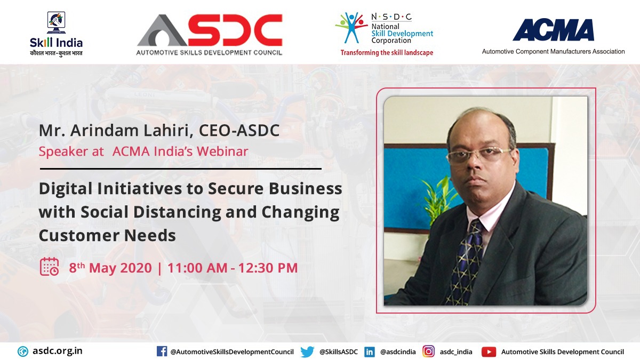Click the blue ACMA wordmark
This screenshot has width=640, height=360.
tap(553, 30)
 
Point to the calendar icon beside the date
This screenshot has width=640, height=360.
tap(50, 267)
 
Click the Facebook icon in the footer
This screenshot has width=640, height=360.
tap(162, 351)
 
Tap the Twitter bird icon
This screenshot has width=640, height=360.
tap(307, 352)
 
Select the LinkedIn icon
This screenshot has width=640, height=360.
tap(369, 352)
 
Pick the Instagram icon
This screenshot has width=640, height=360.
tap(428, 351)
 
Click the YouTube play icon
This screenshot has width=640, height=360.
tap(489, 352)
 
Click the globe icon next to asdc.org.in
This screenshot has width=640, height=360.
tap(23, 351)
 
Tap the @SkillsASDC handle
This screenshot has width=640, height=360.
tap(338, 352)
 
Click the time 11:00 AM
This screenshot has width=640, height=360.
tap(197, 267)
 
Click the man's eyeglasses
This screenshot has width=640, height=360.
tap(477, 155)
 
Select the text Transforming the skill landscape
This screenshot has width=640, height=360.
tap(387, 53)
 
